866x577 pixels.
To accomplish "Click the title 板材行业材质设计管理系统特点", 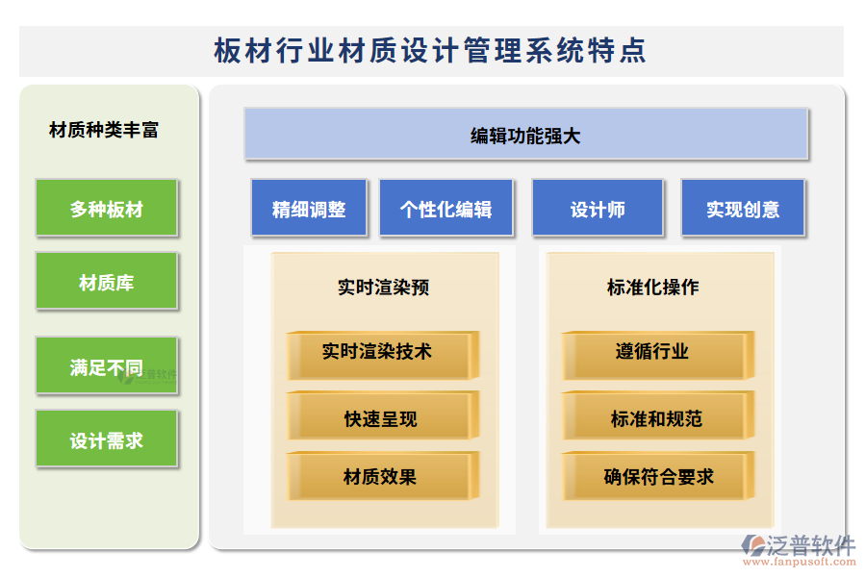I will (430, 51).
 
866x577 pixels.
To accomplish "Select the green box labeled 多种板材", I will (107, 208).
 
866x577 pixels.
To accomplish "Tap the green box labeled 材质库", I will (107, 282).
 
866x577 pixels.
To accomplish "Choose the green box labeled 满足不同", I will (107, 365).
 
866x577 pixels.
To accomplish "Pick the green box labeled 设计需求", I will (107, 439).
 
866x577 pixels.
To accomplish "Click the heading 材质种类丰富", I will (104, 130).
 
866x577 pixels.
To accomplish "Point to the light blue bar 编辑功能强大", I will (525, 136).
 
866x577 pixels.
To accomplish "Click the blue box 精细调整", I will (309, 209).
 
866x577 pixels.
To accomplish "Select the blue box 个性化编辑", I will (446, 209).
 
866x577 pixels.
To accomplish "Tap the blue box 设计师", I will (598, 209).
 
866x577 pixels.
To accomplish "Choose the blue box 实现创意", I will (743, 209).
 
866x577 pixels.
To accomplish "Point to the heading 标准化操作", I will (652, 287).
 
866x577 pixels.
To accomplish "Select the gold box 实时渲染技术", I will (378, 352).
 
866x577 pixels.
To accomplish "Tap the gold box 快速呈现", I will (380, 418).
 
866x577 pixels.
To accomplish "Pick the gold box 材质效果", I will (380, 476).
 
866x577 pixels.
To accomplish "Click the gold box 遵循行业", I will (653, 352).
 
